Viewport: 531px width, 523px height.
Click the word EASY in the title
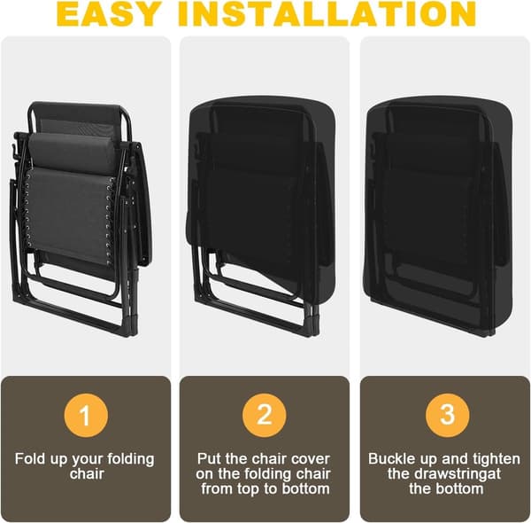[x=108, y=13]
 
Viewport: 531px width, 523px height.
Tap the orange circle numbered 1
[x=86, y=416]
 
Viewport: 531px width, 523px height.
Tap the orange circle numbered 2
[x=264, y=416]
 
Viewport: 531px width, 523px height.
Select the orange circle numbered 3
[x=447, y=416]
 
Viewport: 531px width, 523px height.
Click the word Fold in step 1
[x=30, y=459]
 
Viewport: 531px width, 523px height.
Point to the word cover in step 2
[x=311, y=459]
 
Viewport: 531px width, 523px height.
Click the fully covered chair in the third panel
[x=440, y=216]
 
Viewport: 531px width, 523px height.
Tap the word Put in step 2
[x=209, y=459]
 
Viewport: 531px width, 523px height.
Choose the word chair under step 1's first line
[x=87, y=474]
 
